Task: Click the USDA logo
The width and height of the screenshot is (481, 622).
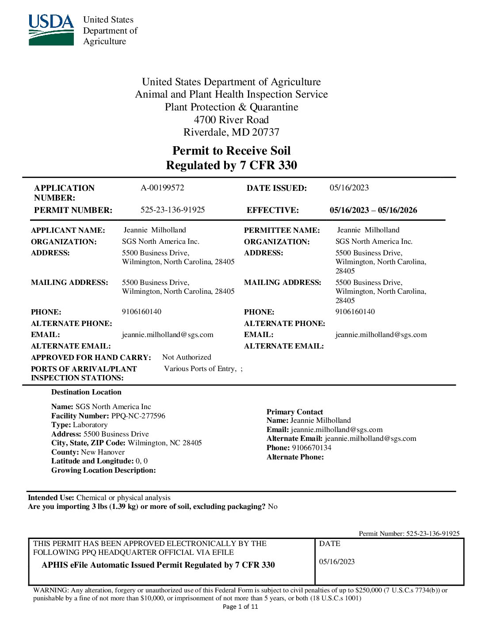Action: (x=51, y=30)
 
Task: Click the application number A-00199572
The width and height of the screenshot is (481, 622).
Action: (x=162, y=188)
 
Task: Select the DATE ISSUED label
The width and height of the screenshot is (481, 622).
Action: (x=276, y=188)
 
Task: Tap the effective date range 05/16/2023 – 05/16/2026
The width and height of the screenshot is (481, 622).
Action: (x=373, y=210)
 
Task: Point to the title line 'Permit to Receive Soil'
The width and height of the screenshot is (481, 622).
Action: (x=231, y=151)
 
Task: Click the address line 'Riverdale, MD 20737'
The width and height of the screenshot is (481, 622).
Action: (x=231, y=132)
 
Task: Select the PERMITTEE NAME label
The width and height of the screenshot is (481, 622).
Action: (x=282, y=230)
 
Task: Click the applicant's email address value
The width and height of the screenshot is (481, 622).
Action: (x=168, y=335)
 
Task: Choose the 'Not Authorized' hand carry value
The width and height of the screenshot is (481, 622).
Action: (x=187, y=357)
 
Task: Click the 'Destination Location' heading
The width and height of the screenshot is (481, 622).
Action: (x=86, y=392)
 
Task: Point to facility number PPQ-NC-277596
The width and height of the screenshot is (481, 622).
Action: (x=138, y=416)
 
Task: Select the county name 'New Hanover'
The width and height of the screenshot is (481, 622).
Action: (x=103, y=452)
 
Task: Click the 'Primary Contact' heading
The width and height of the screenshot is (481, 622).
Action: (x=294, y=412)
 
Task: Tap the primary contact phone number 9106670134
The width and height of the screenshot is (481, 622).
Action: (x=311, y=448)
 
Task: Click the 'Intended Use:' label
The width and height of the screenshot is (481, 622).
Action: (x=51, y=497)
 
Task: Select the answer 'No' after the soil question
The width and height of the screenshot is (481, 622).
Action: (x=273, y=506)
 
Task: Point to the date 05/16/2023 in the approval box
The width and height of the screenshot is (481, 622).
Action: (x=337, y=561)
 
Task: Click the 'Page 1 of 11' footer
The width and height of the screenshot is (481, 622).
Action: (x=240, y=607)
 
